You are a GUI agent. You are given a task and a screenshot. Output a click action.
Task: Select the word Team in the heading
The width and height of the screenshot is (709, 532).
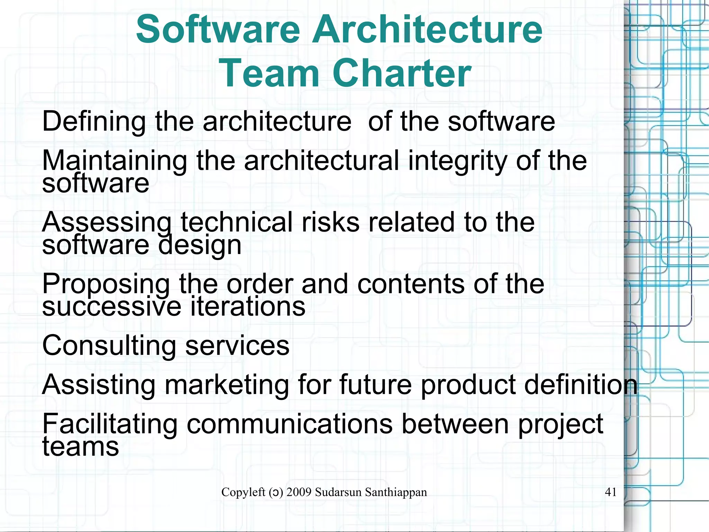tap(269, 73)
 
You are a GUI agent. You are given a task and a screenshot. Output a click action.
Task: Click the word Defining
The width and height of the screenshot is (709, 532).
tap(94, 122)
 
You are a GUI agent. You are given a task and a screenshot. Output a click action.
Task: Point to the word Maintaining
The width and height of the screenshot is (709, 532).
tap(115, 161)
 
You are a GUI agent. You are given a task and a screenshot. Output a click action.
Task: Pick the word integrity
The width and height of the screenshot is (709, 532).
tap(457, 161)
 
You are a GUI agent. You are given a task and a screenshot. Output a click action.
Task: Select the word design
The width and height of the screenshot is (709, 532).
tap(200, 245)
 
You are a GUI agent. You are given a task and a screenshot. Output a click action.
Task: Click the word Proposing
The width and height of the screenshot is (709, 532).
tap(106, 284)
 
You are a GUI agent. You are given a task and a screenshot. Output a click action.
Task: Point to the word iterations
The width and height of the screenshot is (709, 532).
tap(248, 306)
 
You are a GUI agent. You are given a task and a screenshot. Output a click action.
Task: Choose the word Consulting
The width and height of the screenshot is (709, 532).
tap(109, 346)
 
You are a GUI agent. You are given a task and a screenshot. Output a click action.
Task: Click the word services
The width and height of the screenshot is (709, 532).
tap(237, 346)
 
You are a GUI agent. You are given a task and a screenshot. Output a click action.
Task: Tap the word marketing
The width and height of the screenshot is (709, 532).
tap(226, 385)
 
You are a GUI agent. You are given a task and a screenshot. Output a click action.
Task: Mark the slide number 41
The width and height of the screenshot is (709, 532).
tap(611, 492)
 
